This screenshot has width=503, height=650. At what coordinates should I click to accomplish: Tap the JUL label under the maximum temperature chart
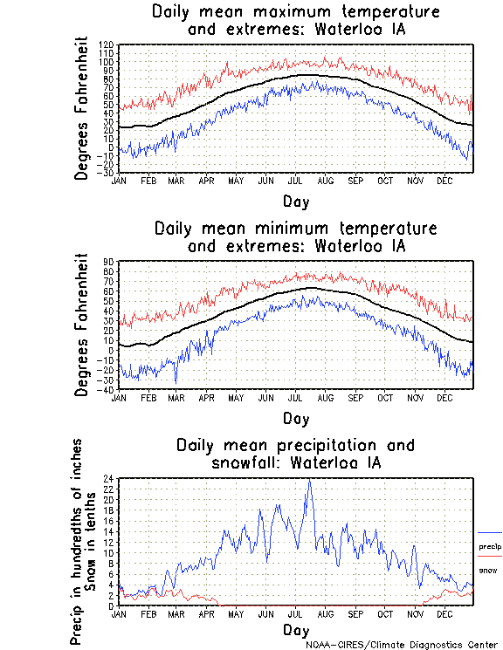295,181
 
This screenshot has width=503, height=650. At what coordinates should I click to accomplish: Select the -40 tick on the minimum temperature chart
107,389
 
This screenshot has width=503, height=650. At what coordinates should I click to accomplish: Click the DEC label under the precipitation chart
445,613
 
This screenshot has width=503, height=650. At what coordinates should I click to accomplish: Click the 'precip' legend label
490,546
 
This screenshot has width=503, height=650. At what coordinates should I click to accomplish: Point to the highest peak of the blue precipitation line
308,479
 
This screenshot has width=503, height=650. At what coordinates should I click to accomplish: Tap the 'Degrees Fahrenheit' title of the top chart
82,108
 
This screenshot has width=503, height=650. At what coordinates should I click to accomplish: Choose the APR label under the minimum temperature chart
205,397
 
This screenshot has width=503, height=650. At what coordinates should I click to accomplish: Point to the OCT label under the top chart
385,181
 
